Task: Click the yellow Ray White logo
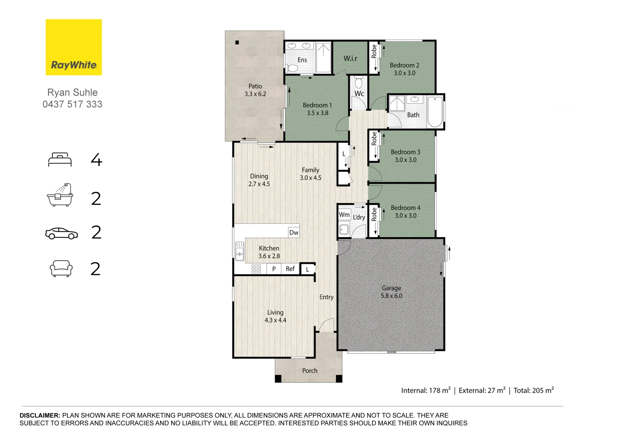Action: [x=73, y=47]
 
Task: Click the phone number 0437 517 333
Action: [x=72, y=104]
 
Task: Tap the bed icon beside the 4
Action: [x=60, y=160]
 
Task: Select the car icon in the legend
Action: [x=61, y=233]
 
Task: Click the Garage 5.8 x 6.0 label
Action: [x=391, y=292]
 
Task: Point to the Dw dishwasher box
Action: [x=294, y=232]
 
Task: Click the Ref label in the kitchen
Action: [x=290, y=269]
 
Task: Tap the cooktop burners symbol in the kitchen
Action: [x=256, y=269]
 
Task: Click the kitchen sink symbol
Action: [x=239, y=251]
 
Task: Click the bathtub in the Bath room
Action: [x=435, y=111]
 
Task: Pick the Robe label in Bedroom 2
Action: [x=374, y=52]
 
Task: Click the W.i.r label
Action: [x=350, y=59]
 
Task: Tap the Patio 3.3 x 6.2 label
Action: [x=255, y=90]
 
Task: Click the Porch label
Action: [x=309, y=371]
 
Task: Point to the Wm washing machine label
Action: [x=344, y=215]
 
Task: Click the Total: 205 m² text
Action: [x=533, y=390]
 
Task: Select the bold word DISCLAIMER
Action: [x=40, y=415]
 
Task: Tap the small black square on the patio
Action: [x=237, y=43]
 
